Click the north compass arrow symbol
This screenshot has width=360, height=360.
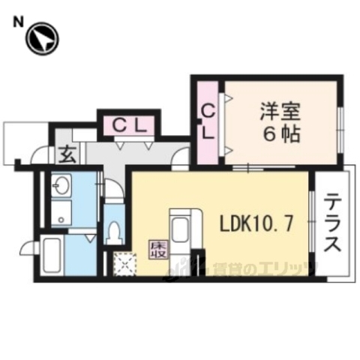coord(43,37)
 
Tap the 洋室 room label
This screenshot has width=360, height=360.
coord(281,112)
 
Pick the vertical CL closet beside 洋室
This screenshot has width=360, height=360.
coord(208,123)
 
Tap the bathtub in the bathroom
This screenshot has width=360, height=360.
coord(52,255)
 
